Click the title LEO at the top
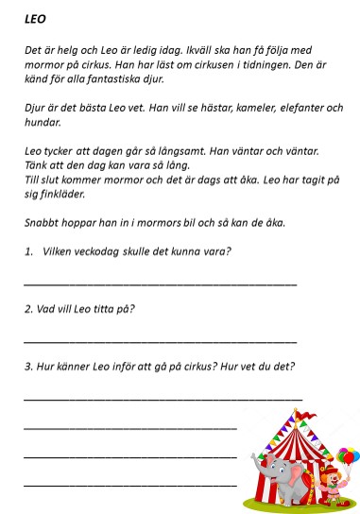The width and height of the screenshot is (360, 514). tap(35, 17)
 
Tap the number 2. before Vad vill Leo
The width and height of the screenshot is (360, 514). tap(27, 308)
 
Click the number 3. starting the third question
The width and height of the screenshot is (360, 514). tap(27, 366)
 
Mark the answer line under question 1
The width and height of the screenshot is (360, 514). tap(161, 283)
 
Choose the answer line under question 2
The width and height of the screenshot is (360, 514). tap(161, 340)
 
